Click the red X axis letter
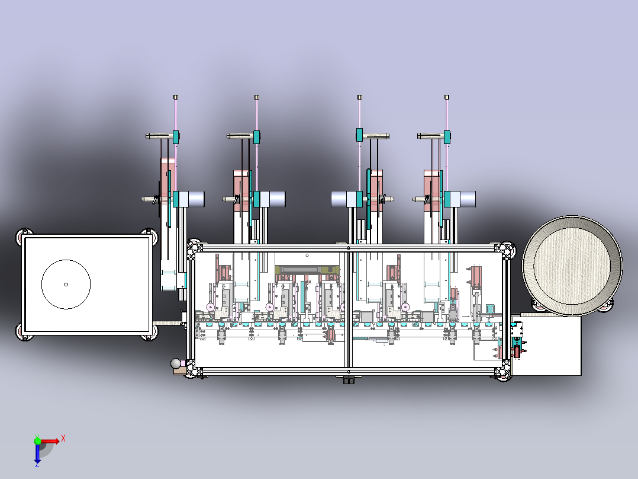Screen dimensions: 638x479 (x=63, y=439)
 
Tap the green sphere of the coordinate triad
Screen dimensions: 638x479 (x=37, y=441)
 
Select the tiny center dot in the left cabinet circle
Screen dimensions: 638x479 (x=66, y=284)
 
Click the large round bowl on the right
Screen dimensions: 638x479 (x=572, y=266)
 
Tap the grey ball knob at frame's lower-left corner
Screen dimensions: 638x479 (x=176, y=363)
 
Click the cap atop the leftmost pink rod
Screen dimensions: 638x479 (x=176, y=97)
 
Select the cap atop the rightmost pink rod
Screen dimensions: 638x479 (x=447, y=97)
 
